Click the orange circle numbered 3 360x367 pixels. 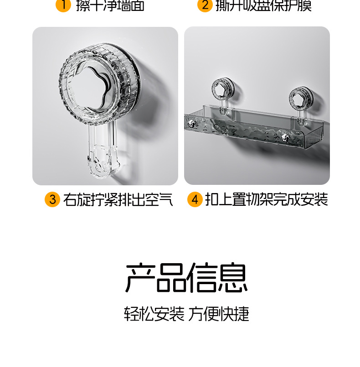[x=52, y=199]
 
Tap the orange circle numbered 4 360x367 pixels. [x=195, y=199]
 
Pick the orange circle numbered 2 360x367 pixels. [x=205, y=5]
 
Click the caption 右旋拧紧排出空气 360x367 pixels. [x=118, y=199]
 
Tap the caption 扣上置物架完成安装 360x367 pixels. [x=266, y=199]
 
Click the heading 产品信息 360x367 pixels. [x=186, y=278]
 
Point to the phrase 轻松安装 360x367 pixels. [x=154, y=314]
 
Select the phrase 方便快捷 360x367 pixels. [x=219, y=314]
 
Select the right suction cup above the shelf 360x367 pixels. [x=300, y=97]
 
